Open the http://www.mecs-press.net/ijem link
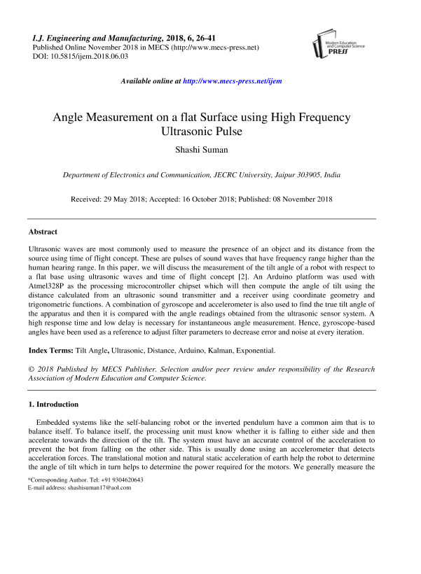tap(232, 81)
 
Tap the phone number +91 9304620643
tap(116, 479)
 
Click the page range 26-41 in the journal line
tap(193, 37)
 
